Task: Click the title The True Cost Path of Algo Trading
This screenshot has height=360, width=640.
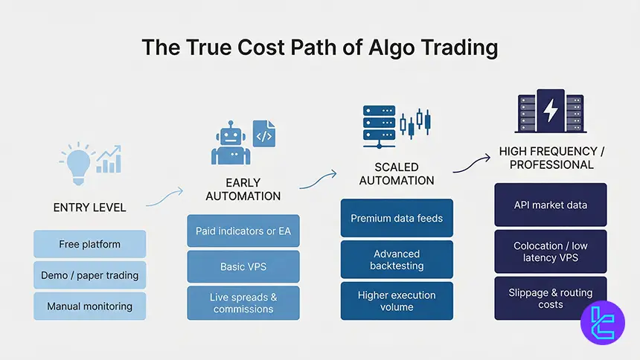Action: coord(320,48)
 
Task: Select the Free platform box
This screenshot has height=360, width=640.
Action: coord(89,244)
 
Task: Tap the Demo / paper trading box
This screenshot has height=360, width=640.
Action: coord(89,275)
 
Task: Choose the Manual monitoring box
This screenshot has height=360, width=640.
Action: coord(89,306)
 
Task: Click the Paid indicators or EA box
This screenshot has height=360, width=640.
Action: coord(243,231)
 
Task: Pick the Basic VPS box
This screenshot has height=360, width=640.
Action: coord(243,266)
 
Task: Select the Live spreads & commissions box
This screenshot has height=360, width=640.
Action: coord(243,303)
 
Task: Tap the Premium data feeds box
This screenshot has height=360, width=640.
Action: coord(397,218)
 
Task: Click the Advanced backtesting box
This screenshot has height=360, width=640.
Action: coord(397,260)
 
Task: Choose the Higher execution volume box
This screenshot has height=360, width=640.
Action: coord(397,300)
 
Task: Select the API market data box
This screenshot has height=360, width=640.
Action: coord(551,205)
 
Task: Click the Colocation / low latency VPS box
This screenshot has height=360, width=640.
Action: coord(551,251)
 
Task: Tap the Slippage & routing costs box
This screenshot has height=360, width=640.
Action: coord(551,299)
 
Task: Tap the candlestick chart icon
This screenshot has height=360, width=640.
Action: coord(415,122)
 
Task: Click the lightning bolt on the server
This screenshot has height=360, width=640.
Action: coord(551,110)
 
